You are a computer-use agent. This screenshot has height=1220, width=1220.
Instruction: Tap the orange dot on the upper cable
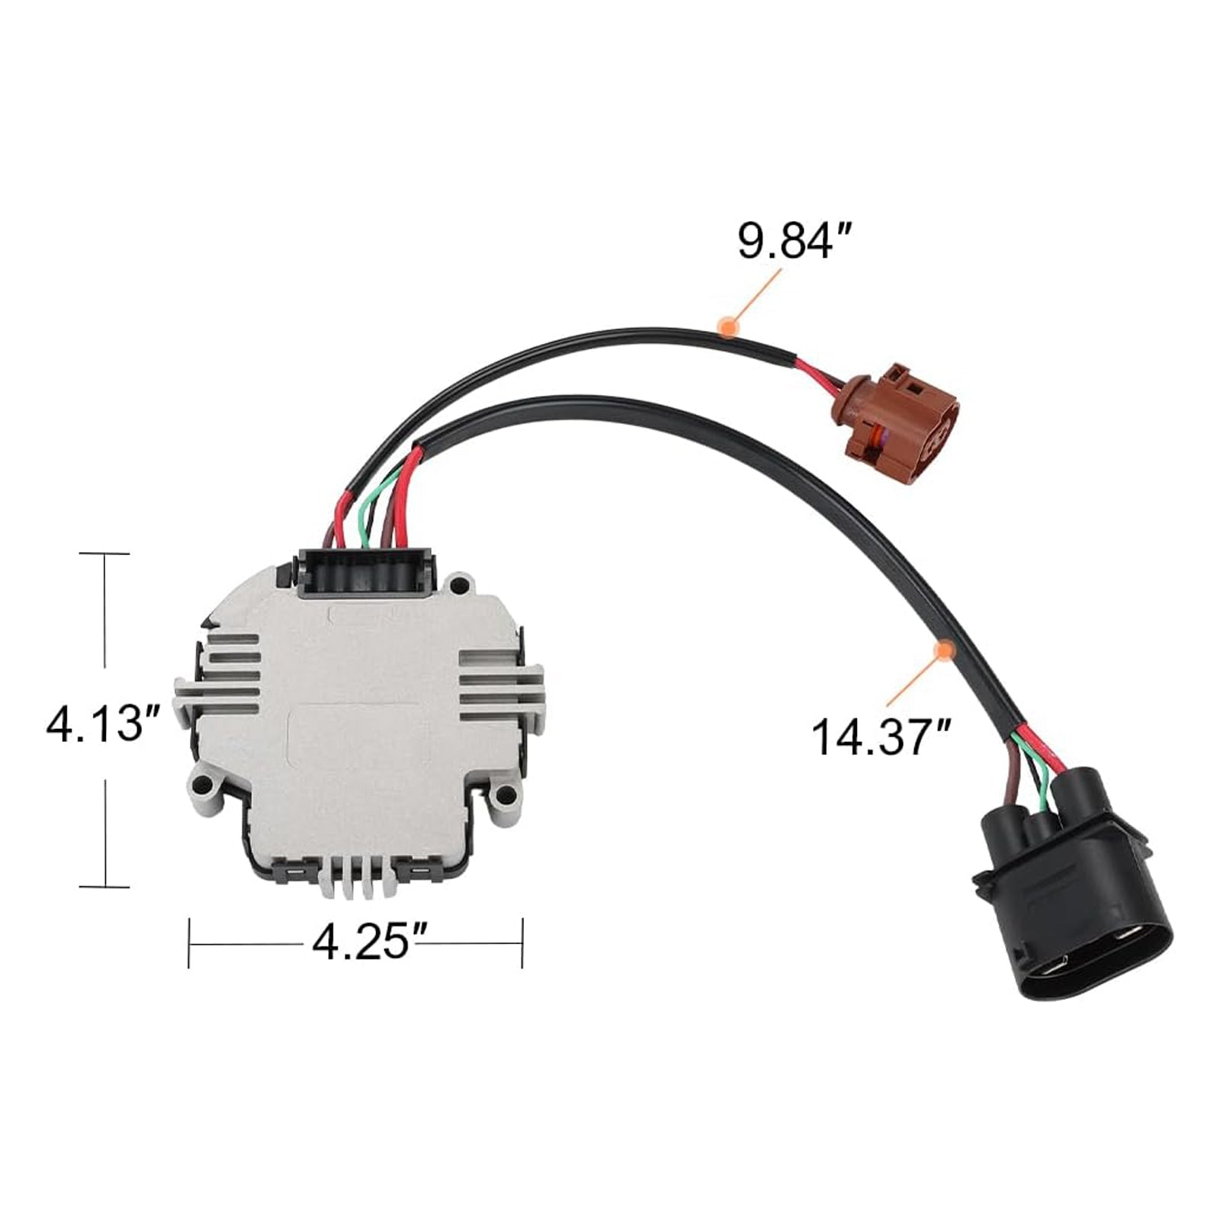729,326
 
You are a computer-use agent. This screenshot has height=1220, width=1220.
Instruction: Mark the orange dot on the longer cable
945,650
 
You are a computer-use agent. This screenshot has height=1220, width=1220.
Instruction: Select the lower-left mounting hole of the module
203,783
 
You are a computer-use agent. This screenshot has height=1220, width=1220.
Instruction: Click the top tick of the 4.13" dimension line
104,554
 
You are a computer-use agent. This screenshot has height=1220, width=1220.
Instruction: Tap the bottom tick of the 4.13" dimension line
104,886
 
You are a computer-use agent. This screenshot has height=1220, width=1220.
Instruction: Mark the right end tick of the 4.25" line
522,943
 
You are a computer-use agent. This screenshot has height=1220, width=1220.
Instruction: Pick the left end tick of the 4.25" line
189,943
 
